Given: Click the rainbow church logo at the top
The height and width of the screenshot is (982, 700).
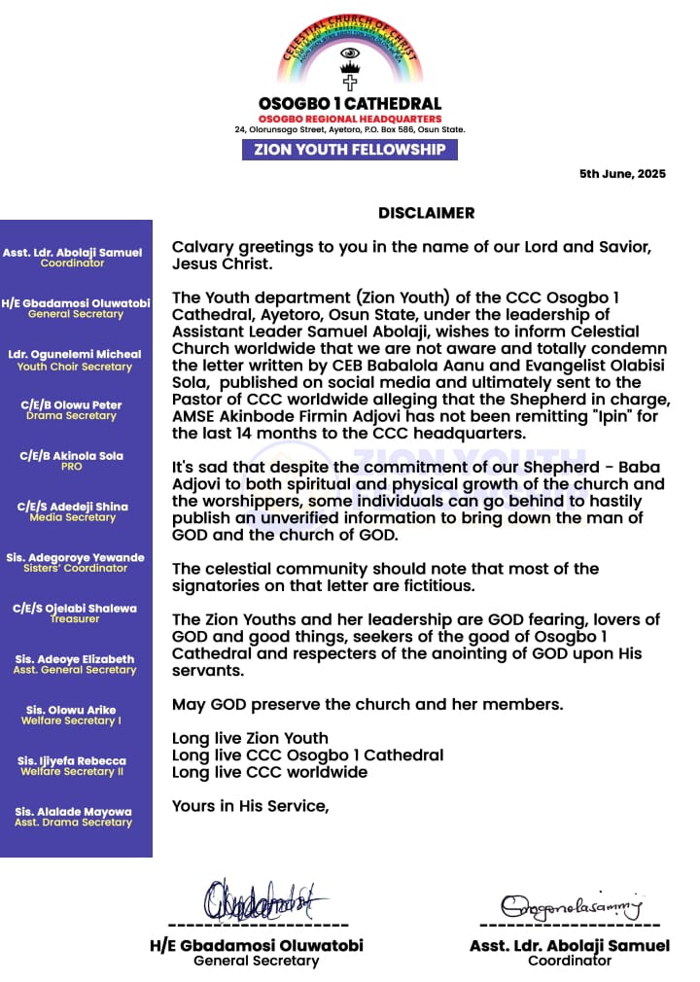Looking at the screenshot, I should [349, 53].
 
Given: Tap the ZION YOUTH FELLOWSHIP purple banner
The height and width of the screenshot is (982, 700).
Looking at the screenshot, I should [349, 150].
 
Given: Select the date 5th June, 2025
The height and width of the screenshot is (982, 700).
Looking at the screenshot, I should [622, 174].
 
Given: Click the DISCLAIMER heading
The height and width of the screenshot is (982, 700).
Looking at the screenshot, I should [426, 212].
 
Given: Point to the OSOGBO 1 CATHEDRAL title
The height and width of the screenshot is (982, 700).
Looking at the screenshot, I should [349, 103].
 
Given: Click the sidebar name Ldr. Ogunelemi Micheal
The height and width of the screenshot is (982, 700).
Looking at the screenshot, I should [75, 355].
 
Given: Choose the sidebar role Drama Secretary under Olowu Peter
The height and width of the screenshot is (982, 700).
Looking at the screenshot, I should [75, 416].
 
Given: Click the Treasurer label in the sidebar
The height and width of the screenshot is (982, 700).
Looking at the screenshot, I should [75, 618].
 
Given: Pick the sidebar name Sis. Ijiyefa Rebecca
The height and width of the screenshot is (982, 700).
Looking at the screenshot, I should [76, 760].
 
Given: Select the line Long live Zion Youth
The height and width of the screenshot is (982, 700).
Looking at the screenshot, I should [250, 738].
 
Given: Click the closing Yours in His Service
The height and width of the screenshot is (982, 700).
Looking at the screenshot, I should [250, 805].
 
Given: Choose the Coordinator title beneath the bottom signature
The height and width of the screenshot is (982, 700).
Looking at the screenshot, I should [569, 961].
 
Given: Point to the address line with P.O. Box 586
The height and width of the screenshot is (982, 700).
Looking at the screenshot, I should [349, 129].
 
